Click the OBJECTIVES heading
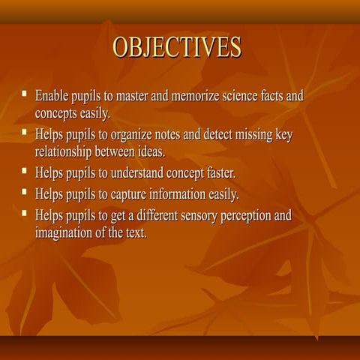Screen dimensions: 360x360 tap(177, 47)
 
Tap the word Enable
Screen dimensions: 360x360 tap(52, 97)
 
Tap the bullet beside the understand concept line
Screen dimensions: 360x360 tap(24, 172)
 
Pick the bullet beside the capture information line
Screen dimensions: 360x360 tap(24, 193)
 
